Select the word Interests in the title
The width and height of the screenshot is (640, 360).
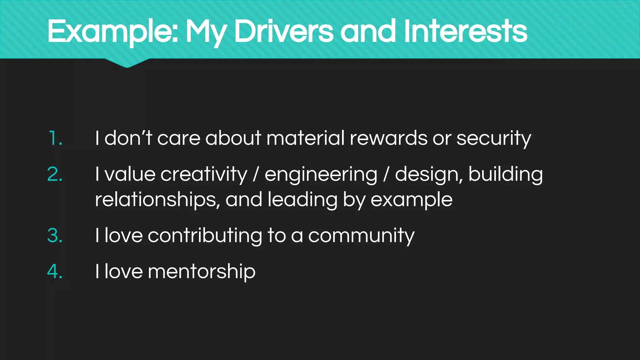[x=465, y=31]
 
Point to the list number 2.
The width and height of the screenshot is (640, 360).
[x=55, y=174]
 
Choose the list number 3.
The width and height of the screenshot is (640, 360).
[x=55, y=235]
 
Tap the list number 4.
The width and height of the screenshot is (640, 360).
[x=55, y=271]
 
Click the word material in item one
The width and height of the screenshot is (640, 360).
[x=305, y=138]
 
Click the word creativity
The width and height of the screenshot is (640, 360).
[x=204, y=174]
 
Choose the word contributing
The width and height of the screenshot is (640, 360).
[x=205, y=236]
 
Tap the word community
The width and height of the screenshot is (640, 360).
[x=361, y=236]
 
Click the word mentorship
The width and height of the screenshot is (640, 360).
[x=202, y=271]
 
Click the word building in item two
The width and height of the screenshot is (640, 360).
[x=505, y=174]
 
